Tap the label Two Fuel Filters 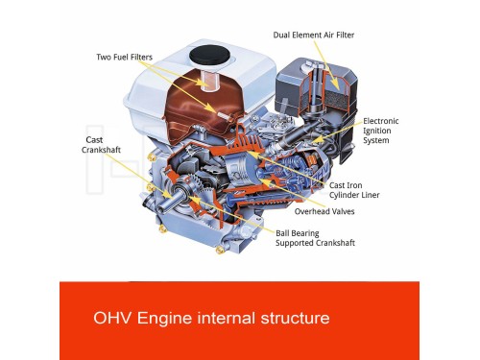(125, 58)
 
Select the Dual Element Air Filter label (314, 35)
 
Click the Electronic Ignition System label (381, 131)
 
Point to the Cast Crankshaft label (101, 145)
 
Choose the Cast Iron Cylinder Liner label (354, 190)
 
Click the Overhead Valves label (324, 211)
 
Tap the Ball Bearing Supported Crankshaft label (315, 238)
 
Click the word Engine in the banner (164, 319)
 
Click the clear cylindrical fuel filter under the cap (208, 81)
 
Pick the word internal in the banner (227, 318)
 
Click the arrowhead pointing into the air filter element (336, 85)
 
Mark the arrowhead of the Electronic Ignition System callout (315, 140)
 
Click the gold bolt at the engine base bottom (220, 250)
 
